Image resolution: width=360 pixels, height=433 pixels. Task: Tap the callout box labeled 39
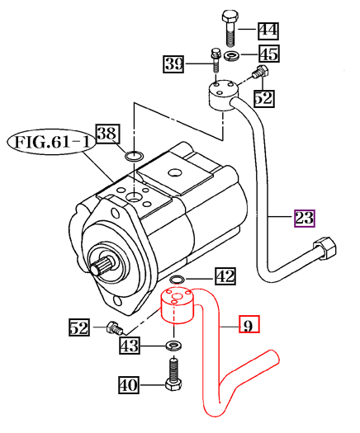click(x=173, y=64)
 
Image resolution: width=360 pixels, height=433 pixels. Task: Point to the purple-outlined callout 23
click(x=305, y=219)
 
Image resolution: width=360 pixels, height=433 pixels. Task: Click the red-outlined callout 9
click(x=248, y=325)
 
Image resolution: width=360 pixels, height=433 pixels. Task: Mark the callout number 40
click(x=129, y=384)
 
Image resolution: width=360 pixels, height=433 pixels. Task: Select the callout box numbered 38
click(x=130, y=132)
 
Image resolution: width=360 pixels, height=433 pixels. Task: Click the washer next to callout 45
click(x=231, y=56)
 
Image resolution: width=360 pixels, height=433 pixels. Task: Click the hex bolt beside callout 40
click(x=173, y=376)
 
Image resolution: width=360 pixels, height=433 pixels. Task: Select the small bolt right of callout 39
click(x=214, y=59)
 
